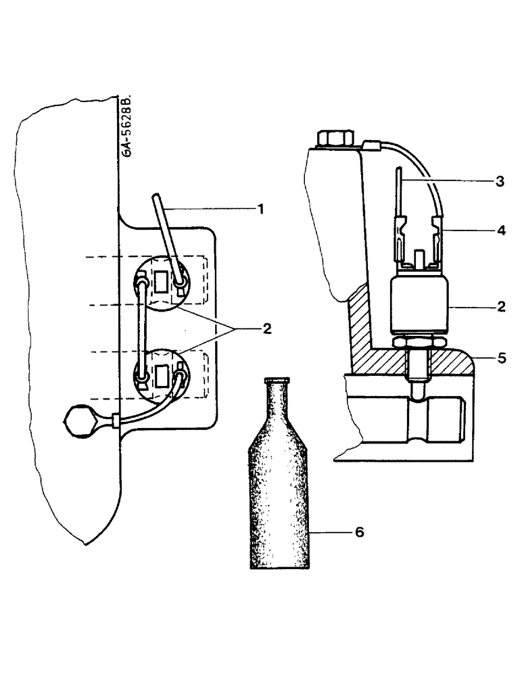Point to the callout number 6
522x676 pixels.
point(359,533)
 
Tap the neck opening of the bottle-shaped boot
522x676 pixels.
point(277,381)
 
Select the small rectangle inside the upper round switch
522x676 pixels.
point(161,281)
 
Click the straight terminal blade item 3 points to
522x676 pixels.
point(400,193)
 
